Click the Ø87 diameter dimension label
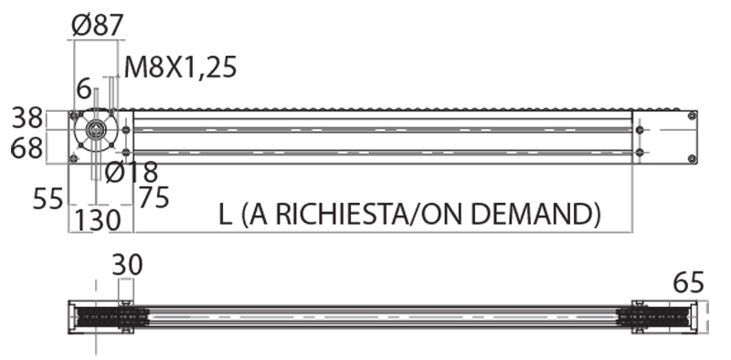tap(98, 26)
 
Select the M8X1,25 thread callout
tap(180, 68)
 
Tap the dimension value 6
tap(84, 89)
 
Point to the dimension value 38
tap(27, 118)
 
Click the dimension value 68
tap(26, 149)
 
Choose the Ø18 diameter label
tap(132, 173)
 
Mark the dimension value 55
tap(48, 199)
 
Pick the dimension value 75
tap(154, 197)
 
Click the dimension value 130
tap(98, 220)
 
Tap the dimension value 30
tap(127, 265)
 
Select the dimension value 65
tap(688, 283)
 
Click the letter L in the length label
tap(225, 215)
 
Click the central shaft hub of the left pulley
tap(96, 129)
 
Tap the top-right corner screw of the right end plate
tap(693, 115)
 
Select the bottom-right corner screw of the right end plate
tap(693, 160)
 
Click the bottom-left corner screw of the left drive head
tap(73, 159)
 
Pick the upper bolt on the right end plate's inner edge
tap(640, 130)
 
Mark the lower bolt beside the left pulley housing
tap(125, 153)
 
